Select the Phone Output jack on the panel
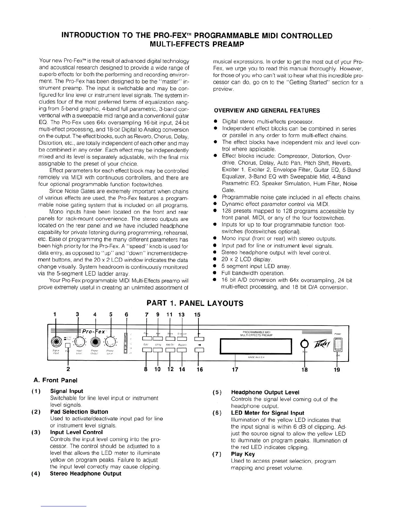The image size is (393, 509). (x=95, y=341)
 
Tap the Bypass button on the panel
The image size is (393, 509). (x=182, y=351)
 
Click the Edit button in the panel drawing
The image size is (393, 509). (x=146, y=351)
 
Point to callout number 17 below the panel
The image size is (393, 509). (x=235, y=370)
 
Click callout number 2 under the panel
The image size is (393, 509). (x=68, y=369)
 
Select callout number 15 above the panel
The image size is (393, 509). (x=197, y=315)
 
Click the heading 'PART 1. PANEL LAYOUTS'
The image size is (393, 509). (x=195, y=303)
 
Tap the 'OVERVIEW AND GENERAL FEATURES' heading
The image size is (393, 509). (x=267, y=111)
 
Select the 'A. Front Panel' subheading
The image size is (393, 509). (x=56, y=380)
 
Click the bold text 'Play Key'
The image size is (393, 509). (x=243, y=454)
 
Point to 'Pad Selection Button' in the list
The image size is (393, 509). (x=79, y=412)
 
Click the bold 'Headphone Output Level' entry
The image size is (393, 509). (x=265, y=392)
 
